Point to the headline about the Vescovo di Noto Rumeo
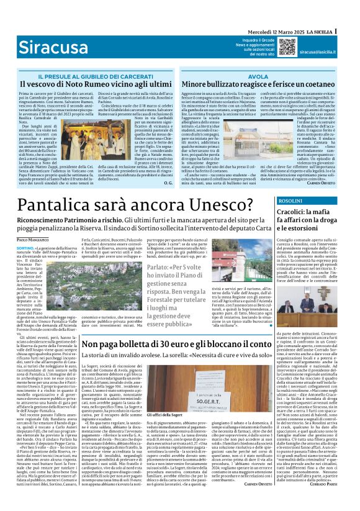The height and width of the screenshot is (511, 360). pyautogui.click(x=96, y=83)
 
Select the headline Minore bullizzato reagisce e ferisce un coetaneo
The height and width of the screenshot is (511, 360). pyautogui.click(x=258, y=83)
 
